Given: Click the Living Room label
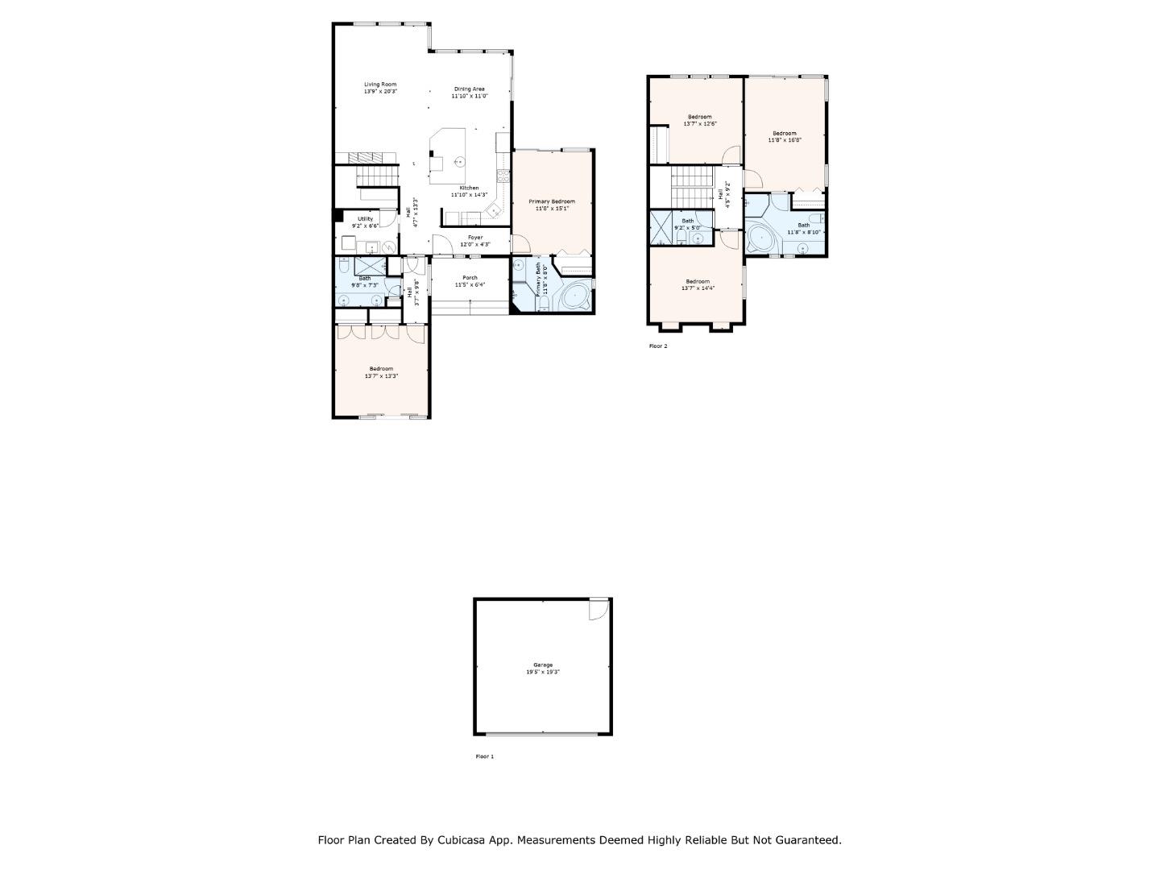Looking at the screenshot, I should point(380,85).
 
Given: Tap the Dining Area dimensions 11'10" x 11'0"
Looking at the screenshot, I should point(469,96).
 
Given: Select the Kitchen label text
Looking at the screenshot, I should point(469,188).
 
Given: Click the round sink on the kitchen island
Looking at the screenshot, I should point(459,162).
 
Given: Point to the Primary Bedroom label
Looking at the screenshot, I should point(552,201).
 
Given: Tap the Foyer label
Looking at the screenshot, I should point(475,238).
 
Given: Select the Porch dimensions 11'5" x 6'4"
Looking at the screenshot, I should point(470,284).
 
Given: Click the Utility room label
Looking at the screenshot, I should point(365,218).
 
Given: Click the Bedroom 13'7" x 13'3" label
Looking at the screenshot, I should point(381,369).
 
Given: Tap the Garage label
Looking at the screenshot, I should point(543,665).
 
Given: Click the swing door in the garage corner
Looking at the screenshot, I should point(598,610).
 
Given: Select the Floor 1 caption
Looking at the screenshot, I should point(485,756).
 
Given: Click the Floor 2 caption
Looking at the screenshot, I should point(658,346).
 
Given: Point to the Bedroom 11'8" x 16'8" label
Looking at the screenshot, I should point(784,133).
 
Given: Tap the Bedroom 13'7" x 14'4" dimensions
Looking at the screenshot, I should point(698,288).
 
